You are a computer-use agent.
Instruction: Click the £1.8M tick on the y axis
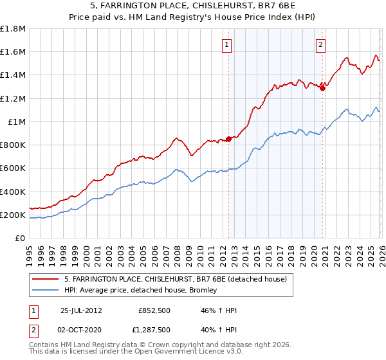13,29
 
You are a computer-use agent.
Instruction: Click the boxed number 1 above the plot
228,44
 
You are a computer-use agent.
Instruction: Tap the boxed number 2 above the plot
320,44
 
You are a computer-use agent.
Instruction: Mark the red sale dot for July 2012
228,139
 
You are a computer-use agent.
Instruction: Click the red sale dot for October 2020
322,88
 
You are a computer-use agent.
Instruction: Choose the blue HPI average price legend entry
142,290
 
